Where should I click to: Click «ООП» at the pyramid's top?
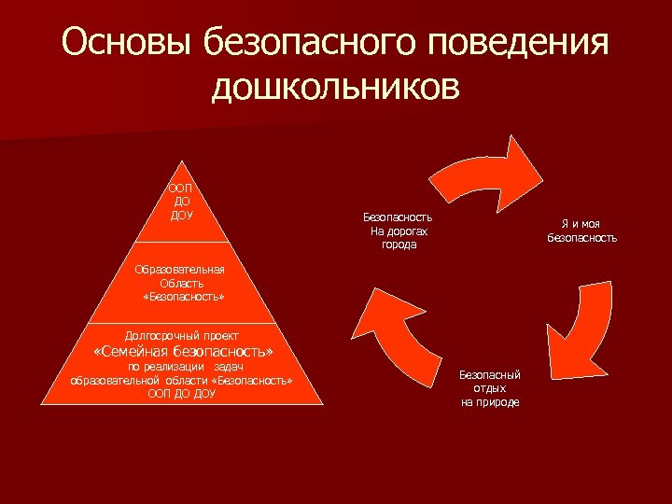[x=181, y=188]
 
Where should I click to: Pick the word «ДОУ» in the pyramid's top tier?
[x=181, y=216]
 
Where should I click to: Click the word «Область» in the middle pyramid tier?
[x=181, y=283]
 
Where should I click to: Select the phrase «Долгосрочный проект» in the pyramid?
[x=182, y=335]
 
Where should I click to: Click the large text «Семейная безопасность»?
[x=184, y=353]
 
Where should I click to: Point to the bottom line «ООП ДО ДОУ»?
[x=181, y=394]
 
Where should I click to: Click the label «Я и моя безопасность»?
[x=581, y=231]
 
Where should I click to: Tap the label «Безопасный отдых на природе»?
[x=490, y=387]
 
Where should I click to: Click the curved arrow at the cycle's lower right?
[x=581, y=328]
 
